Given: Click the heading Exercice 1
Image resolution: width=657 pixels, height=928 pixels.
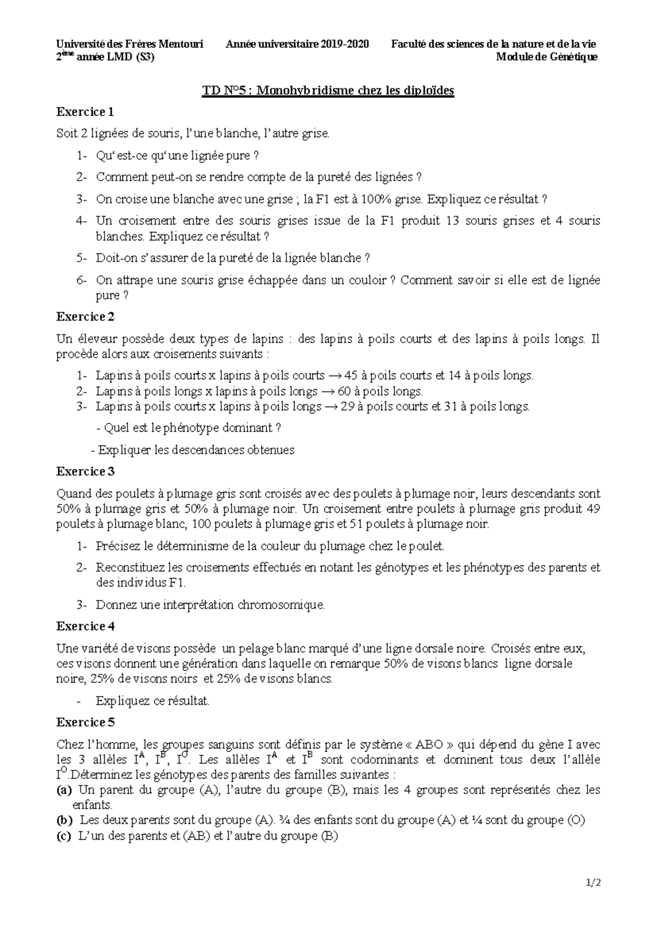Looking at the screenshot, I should [85, 112].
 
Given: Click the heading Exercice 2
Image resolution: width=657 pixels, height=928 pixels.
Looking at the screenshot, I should [85, 316].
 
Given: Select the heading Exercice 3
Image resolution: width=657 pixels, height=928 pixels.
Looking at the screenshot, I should [85, 471].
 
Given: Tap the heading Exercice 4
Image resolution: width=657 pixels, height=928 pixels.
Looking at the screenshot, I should [85, 626].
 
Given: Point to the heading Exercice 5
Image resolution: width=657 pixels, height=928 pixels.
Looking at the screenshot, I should [85, 722].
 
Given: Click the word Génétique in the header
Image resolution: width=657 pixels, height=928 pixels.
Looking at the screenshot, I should [573, 57].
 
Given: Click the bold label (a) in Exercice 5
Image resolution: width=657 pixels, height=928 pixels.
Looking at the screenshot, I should [64, 790].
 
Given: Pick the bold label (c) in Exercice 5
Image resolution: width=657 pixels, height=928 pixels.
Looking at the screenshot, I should [64, 836].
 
